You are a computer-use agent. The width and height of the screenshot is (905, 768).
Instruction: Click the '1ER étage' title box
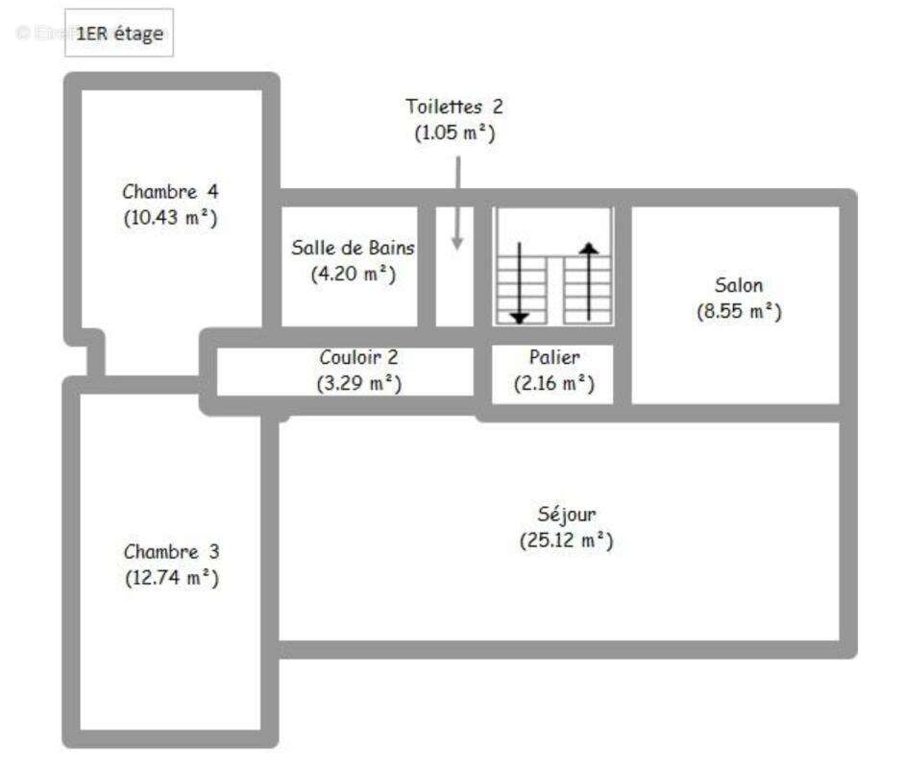[x=119, y=33]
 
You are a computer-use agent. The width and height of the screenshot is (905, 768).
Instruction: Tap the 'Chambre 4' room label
[x=170, y=191]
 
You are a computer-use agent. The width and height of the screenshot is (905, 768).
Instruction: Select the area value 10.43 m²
[x=170, y=218]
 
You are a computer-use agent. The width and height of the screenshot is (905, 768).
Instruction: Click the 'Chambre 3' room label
[x=171, y=551]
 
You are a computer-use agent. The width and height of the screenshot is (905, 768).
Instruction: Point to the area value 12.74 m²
[x=172, y=578]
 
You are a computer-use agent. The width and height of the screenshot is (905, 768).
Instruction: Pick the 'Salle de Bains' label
[x=353, y=248]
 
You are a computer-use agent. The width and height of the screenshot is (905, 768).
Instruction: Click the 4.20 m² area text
[x=354, y=274]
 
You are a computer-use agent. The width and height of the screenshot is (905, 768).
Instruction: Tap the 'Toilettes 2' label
[x=454, y=107]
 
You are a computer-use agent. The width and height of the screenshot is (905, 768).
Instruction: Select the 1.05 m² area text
[x=454, y=132]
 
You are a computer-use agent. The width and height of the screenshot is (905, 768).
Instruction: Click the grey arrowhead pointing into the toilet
[x=457, y=243]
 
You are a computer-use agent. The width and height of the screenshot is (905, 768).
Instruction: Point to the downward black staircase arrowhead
[x=520, y=318]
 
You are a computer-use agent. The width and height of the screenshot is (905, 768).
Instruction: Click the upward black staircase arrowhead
[x=589, y=248]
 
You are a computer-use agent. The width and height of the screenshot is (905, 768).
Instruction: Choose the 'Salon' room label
[x=739, y=285]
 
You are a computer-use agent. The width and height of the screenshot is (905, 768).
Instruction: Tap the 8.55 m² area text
[x=740, y=311]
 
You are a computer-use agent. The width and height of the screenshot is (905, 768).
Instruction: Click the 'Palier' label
[x=554, y=357]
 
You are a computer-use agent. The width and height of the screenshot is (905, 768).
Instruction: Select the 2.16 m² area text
[x=554, y=383]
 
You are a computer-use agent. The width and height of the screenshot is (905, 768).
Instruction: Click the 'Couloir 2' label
[x=359, y=357]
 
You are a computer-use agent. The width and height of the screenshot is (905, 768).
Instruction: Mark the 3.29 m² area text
[x=359, y=383]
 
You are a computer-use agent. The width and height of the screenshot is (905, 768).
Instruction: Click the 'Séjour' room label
[x=567, y=515]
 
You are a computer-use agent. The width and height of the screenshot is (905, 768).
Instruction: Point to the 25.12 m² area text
[x=567, y=540]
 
